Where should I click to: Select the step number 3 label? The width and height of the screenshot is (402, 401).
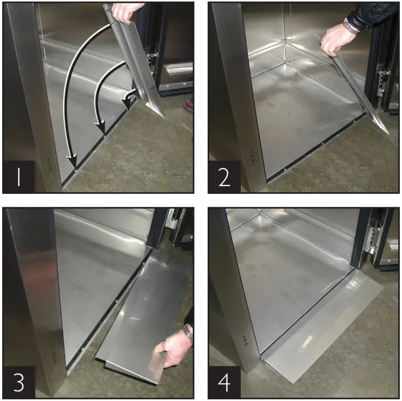point(19,382)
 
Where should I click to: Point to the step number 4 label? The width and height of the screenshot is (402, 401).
point(224,382)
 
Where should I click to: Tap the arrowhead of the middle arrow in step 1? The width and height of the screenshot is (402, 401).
point(102,133)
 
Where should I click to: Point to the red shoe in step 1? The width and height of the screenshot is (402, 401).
point(189,104)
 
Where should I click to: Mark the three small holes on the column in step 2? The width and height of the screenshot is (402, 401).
point(253,155)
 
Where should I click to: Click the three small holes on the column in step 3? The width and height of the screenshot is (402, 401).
point(54,356)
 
